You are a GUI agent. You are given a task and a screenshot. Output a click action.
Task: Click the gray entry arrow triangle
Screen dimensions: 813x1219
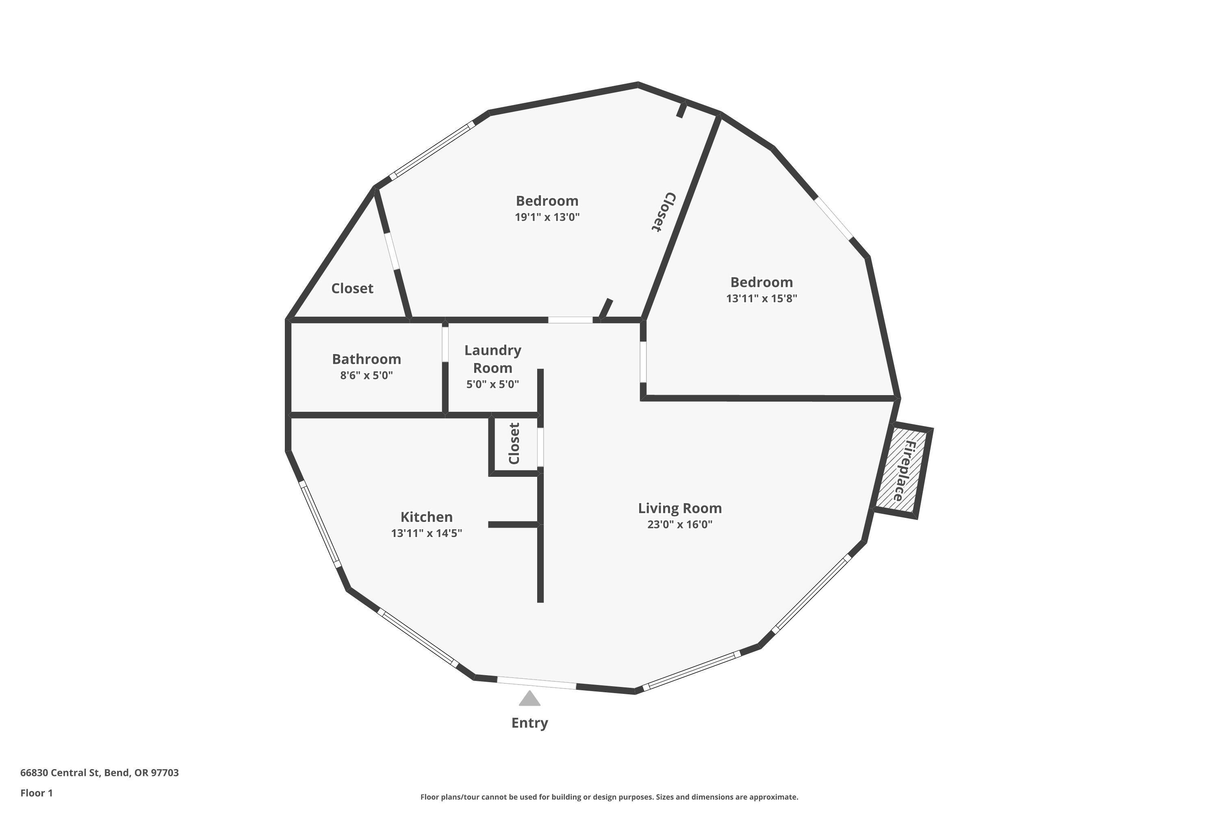tap(530, 700)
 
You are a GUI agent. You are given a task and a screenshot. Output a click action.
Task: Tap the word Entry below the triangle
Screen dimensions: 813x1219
tap(530, 723)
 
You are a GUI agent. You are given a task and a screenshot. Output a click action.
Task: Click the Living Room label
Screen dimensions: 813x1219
tap(679, 508)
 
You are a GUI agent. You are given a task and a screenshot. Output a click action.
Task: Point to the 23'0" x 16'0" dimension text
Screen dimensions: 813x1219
tap(679, 524)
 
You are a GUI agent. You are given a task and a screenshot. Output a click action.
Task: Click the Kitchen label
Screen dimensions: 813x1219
tap(427, 517)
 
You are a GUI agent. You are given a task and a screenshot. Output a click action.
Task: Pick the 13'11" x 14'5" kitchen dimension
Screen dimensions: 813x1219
tap(427, 533)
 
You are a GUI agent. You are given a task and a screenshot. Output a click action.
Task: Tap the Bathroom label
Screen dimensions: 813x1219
tap(367, 359)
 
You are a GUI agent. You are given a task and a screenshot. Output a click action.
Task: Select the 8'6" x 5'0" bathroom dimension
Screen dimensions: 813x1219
tap(367, 375)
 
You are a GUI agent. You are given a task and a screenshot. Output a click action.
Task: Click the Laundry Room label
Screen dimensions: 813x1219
tap(492, 359)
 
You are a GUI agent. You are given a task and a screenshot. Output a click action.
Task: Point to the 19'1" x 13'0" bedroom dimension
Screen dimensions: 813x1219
tap(547, 217)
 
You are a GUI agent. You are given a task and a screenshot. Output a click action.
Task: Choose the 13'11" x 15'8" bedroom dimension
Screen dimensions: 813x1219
tap(761, 298)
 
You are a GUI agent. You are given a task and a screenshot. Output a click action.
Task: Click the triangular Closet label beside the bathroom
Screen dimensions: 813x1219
tap(352, 288)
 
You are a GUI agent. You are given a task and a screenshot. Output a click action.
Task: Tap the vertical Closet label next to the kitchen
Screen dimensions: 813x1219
tap(514, 444)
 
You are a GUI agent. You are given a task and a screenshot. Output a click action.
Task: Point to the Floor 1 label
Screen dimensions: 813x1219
tap(36, 793)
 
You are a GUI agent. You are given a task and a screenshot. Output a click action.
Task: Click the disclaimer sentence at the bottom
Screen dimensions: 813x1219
tap(609, 797)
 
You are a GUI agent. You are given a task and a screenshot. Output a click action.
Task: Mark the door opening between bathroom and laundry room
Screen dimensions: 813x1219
tap(445, 344)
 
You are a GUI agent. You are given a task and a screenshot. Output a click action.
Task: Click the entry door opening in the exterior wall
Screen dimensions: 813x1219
tap(536, 683)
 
